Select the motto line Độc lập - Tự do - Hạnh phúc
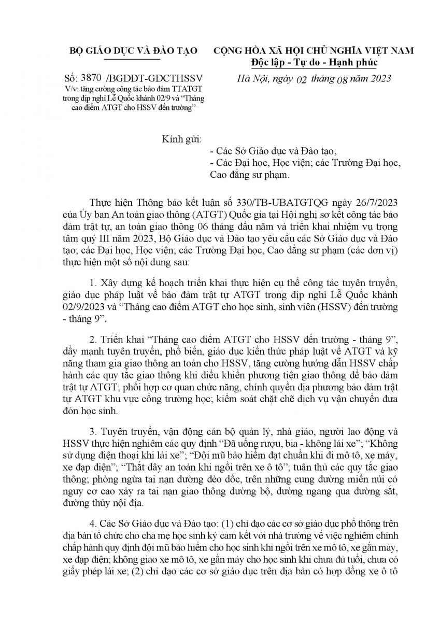[314, 62]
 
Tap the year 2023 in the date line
[379, 79]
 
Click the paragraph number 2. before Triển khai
[93, 339]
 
